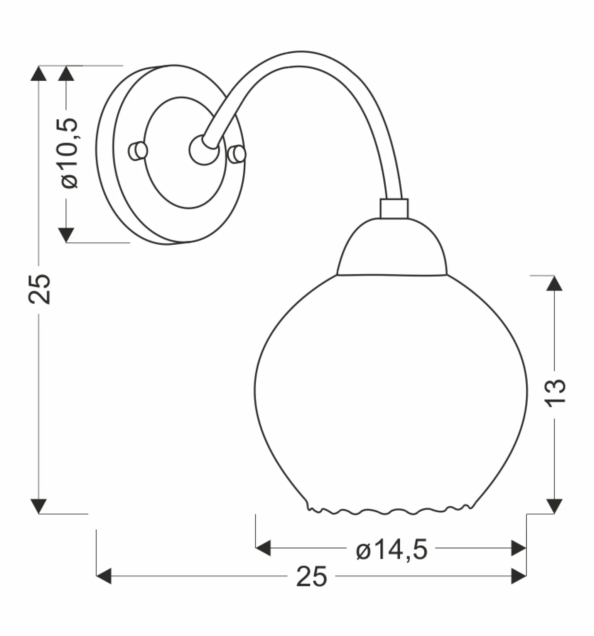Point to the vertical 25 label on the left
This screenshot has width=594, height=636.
(39, 289)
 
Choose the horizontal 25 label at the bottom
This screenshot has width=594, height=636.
(312, 577)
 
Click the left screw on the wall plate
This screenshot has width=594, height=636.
(138, 151)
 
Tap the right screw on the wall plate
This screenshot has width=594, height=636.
(236, 154)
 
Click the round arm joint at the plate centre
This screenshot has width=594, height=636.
(203, 150)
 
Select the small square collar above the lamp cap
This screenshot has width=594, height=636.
(394, 208)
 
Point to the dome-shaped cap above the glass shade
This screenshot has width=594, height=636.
(392, 247)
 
